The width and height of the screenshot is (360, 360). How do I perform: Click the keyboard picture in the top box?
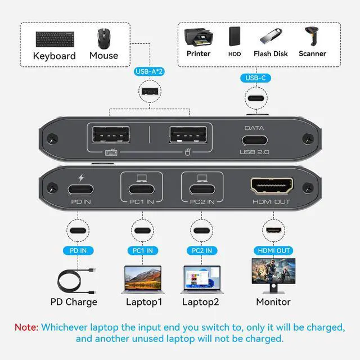(54, 39)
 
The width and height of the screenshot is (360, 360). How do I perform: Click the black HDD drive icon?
(235, 37)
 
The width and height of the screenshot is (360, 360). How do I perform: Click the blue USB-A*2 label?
(149, 71)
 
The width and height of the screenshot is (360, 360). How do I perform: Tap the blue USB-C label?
(256, 78)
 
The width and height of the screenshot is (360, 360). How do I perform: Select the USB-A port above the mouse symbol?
(188, 136)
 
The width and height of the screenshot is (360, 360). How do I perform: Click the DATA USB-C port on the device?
(254, 141)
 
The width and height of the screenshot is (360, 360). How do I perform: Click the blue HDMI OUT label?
(274, 250)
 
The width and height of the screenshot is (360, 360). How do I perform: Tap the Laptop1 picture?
(142, 278)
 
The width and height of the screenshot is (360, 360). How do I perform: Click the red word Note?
(26, 327)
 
